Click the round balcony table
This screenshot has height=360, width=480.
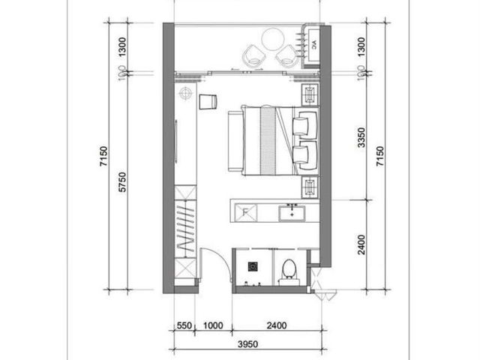273,39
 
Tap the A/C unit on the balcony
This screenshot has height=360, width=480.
313,46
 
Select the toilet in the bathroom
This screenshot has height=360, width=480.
289,271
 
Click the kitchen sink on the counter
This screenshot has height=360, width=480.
292,213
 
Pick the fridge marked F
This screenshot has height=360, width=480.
246,212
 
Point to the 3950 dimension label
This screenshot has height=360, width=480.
248,344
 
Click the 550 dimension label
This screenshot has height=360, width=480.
184,325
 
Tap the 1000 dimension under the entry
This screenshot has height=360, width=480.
213,325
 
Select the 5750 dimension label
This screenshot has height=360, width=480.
122,182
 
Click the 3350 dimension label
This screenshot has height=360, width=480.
361,138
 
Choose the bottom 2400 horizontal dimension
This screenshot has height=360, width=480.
277,325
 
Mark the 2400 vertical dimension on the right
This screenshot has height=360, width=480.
361,244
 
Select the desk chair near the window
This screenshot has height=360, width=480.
208,102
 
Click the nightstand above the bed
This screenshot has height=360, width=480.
310,94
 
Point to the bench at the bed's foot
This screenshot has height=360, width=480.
235,142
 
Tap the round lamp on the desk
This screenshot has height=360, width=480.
185,93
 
